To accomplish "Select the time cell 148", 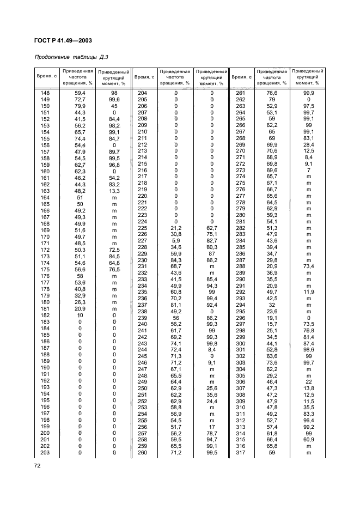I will pos(45,93).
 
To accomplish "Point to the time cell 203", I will pos(45,452).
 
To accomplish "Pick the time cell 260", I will pos(142,452).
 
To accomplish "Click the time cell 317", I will pos(240,452).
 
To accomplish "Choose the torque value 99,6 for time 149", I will pos(114,100).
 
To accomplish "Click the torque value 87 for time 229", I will pos(212,253).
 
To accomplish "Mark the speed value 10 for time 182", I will pos(80,315).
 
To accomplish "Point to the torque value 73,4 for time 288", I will pos(308,266).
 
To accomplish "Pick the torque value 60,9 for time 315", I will pos(308,439).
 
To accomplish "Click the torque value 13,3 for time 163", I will pos(114,191).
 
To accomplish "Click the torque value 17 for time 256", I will pos(212,426).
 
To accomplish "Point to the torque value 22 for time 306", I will pos(308,380).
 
